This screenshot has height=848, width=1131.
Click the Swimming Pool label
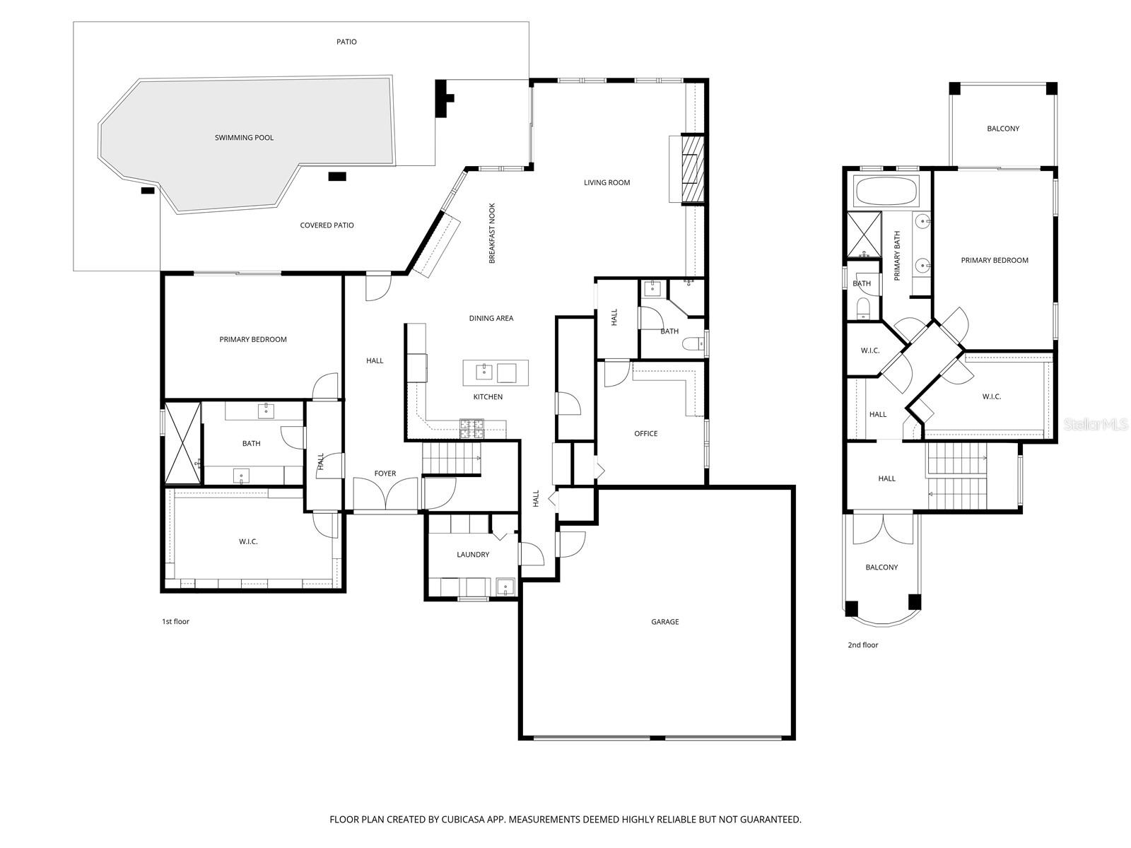[244, 138]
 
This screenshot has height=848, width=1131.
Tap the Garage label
[664, 622]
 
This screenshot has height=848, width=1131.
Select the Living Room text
[606, 182]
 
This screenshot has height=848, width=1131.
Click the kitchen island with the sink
[496, 372]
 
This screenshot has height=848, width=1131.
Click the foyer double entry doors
[385, 494]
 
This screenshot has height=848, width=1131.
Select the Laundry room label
[473, 555]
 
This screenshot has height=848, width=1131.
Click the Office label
[645, 434]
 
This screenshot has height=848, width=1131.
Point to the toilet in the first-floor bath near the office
[693, 344]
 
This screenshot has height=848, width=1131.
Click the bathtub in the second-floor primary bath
[886, 192]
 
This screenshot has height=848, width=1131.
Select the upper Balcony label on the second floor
[1003, 129]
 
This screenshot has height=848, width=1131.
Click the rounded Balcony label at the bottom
[881, 567]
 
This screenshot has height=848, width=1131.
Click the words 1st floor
[176, 622]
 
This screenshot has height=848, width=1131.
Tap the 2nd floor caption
[862, 645]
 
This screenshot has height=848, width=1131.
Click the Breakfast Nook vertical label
[492, 234]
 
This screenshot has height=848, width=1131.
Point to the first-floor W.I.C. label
[248, 542]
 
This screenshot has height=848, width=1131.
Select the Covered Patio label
[327, 225]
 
